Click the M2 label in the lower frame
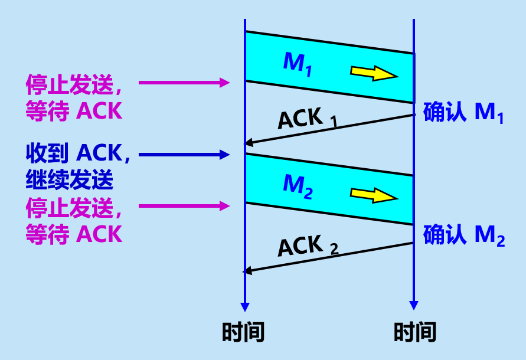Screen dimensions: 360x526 pyautogui.click(x=298, y=185)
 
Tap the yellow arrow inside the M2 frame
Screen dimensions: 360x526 pyautogui.click(x=374, y=194)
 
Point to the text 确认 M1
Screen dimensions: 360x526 pyautogui.click(x=463, y=113)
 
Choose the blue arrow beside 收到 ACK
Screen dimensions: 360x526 pyautogui.click(x=184, y=155)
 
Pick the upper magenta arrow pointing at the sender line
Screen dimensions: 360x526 pyautogui.click(x=184, y=83)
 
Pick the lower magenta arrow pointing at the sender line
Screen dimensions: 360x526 pyautogui.click(x=184, y=205)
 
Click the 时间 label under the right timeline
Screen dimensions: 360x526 pyautogui.click(x=415, y=332)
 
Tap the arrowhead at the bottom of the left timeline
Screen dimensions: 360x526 pyautogui.click(x=245, y=307)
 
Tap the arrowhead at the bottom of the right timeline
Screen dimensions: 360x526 pyautogui.click(x=414, y=306)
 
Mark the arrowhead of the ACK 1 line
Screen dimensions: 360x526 pyautogui.click(x=249, y=143)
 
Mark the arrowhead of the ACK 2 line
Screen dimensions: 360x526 pyautogui.click(x=249, y=271)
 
